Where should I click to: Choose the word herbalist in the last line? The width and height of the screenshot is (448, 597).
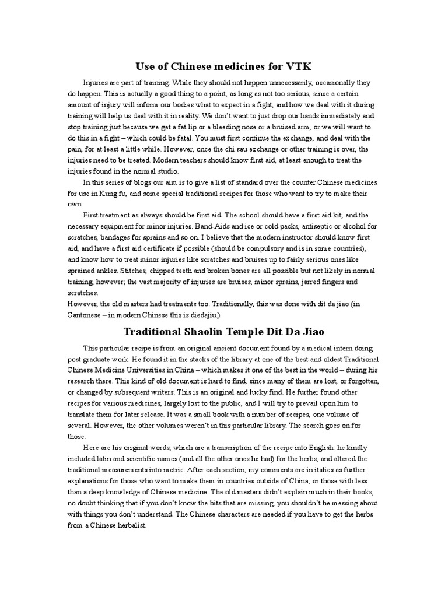pos(129,525)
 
